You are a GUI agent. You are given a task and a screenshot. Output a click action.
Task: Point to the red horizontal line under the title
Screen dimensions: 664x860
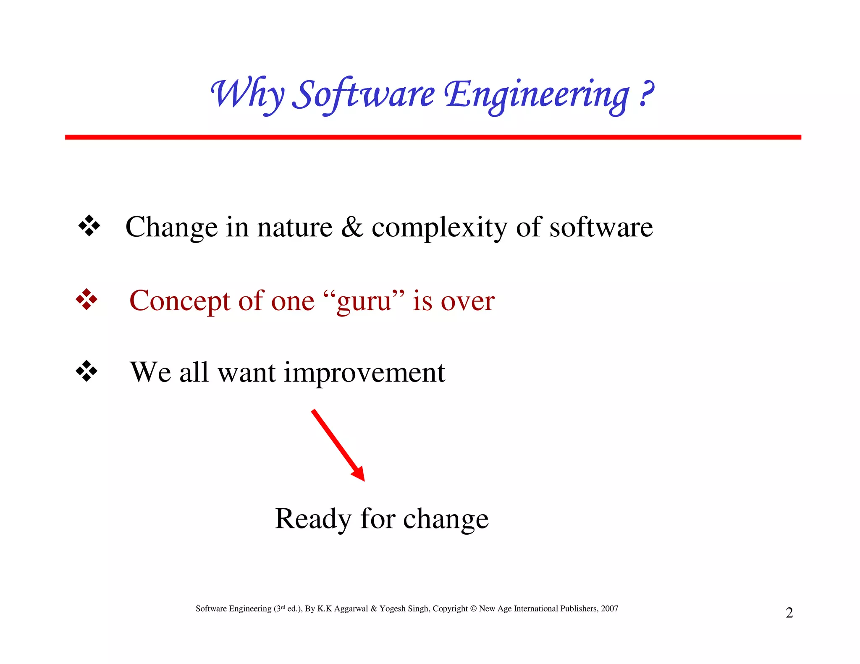point(433,137)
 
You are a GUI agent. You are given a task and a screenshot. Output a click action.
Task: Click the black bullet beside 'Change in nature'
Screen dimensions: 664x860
point(89,226)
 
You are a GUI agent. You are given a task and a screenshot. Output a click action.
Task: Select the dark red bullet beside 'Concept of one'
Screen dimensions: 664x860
point(87,300)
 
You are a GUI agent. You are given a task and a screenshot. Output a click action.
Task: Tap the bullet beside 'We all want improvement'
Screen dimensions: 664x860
point(87,371)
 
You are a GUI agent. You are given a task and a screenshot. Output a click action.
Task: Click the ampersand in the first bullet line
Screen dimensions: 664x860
point(352,227)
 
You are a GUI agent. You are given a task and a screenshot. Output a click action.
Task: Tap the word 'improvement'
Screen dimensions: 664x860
point(364,372)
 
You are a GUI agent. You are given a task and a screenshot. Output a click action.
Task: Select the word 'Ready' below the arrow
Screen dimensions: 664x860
point(312,519)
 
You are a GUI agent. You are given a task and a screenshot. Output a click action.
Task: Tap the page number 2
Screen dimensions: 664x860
point(789,613)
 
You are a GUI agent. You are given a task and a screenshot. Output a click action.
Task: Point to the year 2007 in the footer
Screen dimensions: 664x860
point(609,609)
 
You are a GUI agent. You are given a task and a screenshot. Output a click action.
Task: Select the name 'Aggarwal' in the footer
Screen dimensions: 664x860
point(351,609)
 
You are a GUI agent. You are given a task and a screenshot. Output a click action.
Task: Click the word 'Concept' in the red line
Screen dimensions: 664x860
point(180,301)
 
